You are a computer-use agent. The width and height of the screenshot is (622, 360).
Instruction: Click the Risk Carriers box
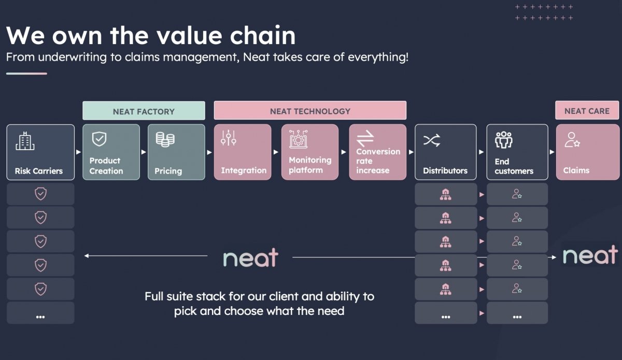point(40,152)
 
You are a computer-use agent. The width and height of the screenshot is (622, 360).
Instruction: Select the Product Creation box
point(111,152)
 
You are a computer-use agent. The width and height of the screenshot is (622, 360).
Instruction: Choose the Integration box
point(243,152)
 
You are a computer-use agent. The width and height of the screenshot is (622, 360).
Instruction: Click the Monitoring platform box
point(310,152)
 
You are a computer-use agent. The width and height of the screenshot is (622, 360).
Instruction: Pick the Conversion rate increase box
point(377,152)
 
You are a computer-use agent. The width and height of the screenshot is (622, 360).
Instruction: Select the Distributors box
point(445,152)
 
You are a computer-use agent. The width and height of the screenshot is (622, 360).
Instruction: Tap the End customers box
point(517,152)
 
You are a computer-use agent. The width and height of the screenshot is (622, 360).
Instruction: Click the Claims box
point(587,152)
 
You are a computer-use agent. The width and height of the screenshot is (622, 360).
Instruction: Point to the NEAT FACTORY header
point(144,111)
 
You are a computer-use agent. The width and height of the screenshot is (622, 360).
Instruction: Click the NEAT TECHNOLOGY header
point(310,111)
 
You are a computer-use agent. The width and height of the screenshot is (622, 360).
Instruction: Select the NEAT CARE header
point(587,111)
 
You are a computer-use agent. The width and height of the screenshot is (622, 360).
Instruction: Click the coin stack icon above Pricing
point(165,139)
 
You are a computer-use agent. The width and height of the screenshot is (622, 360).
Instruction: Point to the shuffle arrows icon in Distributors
point(432,140)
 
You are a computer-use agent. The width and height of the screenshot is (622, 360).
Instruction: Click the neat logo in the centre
point(251,257)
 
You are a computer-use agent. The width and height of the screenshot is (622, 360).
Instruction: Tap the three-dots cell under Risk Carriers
point(40,313)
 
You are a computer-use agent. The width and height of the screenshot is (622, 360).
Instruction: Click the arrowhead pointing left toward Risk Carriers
point(86,255)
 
